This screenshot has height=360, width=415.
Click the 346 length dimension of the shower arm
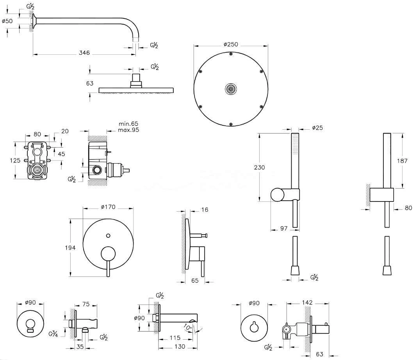coord(84,53)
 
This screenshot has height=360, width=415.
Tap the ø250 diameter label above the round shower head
coord(231,44)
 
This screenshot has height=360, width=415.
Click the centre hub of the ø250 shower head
coord(231,89)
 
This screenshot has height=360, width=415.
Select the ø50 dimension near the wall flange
coord(7,21)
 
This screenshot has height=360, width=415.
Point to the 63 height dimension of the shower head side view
coord(90,84)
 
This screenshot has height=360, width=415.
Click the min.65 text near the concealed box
coord(128,124)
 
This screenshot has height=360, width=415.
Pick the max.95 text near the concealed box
coord(128,130)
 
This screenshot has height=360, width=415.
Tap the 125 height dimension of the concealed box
coord(15,160)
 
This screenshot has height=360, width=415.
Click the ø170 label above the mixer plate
coord(108,207)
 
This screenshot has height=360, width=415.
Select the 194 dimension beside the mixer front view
coord(70,248)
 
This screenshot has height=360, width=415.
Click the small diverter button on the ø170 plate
coord(108,235)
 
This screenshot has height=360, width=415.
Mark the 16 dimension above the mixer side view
coord(205,210)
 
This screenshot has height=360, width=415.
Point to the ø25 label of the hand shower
coord(317,128)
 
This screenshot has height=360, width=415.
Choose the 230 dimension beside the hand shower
coord(259,167)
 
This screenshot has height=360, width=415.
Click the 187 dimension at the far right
coord(402,161)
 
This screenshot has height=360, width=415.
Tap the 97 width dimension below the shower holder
coord(284,228)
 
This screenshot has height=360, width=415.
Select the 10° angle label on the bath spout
coord(187,327)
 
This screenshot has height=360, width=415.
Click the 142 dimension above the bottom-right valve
coord(307,302)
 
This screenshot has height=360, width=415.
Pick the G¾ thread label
coord(53,334)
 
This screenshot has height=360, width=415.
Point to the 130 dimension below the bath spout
coord(180,346)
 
